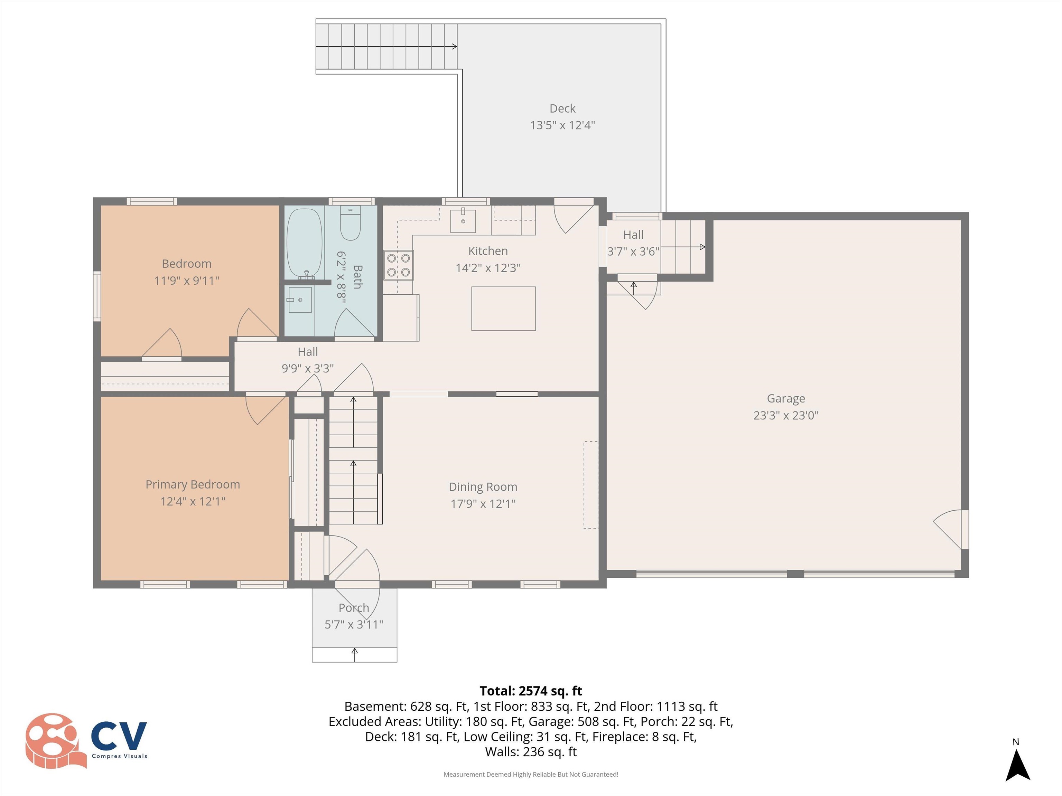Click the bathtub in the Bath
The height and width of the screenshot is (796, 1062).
(x=304, y=243)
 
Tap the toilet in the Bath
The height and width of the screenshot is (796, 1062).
(x=350, y=224)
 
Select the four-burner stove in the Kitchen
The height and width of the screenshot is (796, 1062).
(x=398, y=265)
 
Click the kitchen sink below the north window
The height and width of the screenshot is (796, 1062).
(x=463, y=221)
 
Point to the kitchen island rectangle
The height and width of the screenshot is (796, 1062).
(x=503, y=309)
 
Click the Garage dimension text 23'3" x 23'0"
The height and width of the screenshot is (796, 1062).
(x=785, y=415)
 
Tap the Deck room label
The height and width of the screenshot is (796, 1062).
(x=562, y=108)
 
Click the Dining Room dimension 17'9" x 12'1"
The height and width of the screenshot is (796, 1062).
(x=483, y=503)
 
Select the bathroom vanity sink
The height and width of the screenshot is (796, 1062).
(x=300, y=300)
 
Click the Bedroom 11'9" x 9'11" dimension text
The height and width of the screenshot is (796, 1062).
(x=186, y=280)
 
